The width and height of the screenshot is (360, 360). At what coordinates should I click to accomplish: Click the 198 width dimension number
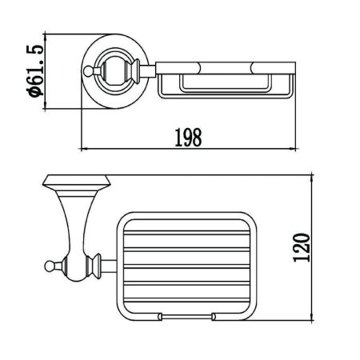click(x=188, y=137)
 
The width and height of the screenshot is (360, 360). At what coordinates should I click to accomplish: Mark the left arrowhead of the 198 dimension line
click(x=86, y=149)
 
